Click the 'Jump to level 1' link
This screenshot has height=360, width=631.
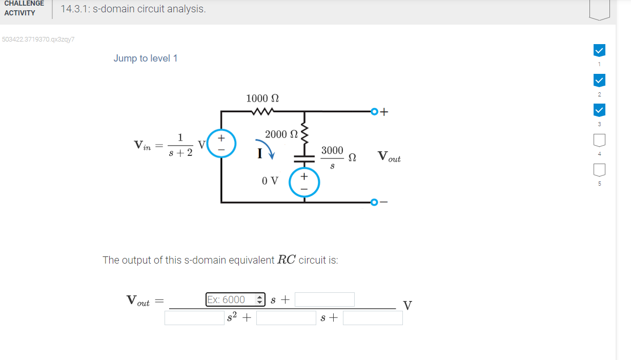point(146,58)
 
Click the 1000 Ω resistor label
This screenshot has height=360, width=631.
point(262,98)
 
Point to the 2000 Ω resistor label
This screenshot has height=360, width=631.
point(281,134)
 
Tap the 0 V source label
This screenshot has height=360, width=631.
point(270,181)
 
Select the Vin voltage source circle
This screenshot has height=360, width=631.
point(221,143)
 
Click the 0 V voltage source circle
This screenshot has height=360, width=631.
point(304,182)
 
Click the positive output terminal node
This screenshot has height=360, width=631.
point(374,111)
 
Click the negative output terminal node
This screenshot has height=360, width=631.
point(374,203)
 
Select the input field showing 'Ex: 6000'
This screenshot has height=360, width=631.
point(235,299)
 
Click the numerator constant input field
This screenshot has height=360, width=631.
point(324,299)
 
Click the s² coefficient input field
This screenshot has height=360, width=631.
point(194,318)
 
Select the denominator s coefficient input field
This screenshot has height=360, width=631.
point(286,318)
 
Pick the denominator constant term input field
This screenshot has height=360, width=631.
point(373,318)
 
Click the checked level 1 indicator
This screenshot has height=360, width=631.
point(599,50)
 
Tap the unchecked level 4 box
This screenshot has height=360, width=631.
point(599,139)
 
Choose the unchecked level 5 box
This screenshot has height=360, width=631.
point(599,169)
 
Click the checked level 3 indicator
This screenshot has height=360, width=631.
point(599,110)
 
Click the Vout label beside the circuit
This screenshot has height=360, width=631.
point(389,156)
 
